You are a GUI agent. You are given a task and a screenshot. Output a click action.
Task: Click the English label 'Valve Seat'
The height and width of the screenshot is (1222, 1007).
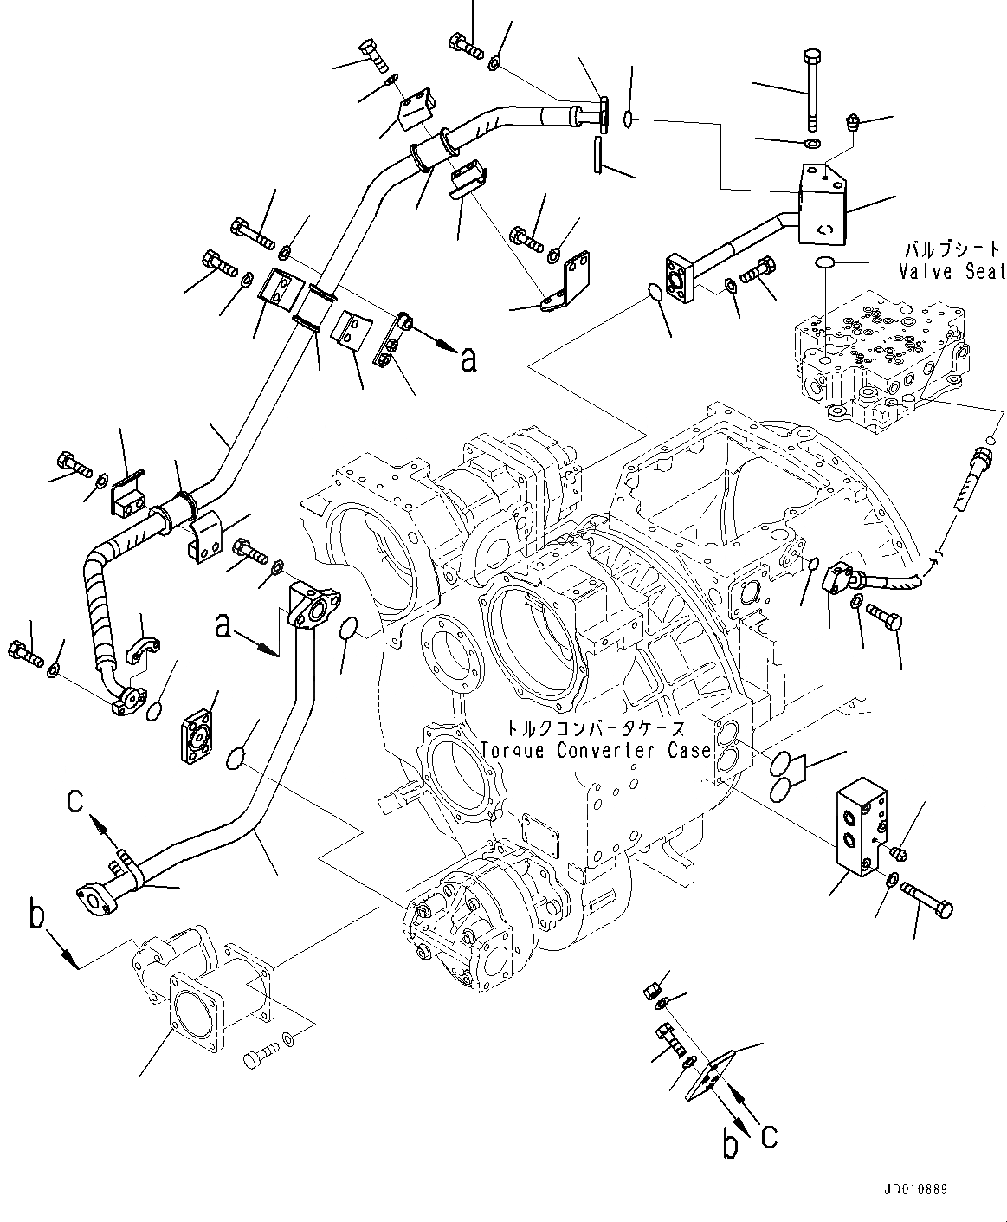click(x=952, y=271)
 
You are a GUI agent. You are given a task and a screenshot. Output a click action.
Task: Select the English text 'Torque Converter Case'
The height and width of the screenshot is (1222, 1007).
click(x=595, y=751)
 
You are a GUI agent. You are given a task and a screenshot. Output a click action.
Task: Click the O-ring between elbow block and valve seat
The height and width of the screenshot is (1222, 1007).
click(x=826, y=262)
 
